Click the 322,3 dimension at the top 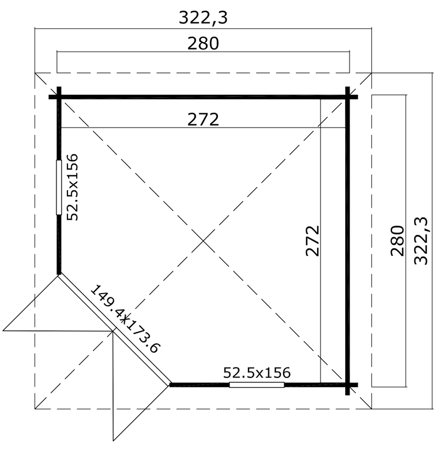[203, 18]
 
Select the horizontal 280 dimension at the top [203, 44]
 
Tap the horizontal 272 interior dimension [203, 119]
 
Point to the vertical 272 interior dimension [313, 241]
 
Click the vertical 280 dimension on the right [397, 241]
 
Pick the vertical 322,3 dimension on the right [420, 241]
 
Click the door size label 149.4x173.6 [125, 319]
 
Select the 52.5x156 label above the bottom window [257, 372]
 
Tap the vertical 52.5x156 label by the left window [72, 187]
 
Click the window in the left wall [59, 187]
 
